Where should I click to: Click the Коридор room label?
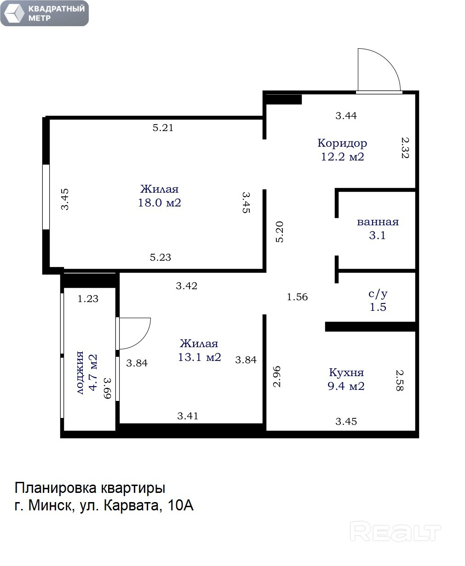pos(342,143)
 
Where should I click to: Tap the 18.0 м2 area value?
pos(160,203)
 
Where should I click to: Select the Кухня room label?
pos(346,372)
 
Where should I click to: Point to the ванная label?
pos(378,222)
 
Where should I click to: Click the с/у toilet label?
pos(378,294)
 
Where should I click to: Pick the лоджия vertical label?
pos(80,372)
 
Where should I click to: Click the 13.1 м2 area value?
pos(200,357)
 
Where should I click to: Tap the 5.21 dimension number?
pos(163,128)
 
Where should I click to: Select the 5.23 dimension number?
pos(160,257)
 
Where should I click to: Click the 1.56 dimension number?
pos(297,297)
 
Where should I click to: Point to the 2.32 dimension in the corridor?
pos(405,148)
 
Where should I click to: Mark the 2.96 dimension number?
pos(276,376)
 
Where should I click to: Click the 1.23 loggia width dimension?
pos(88,299)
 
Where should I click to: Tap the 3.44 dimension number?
pos(346,116)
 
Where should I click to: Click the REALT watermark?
pos(396,531)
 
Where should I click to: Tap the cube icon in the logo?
pos(12,13)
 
